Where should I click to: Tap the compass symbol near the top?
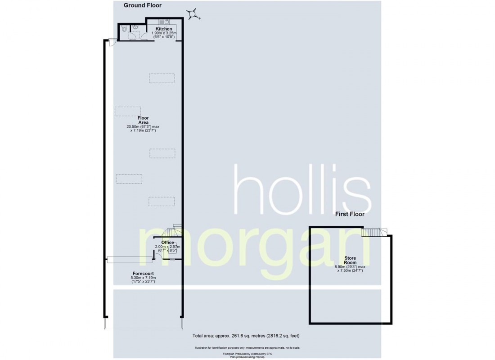click(x=193, y=14)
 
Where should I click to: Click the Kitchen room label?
click(x=164, y=29)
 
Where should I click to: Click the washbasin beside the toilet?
click(x=135, y=27)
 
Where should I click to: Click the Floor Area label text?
click(x=143, y=120)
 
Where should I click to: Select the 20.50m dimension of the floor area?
click(x=143, y=127)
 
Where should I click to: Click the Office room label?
click(x=167, y=243)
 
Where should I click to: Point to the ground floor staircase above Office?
click(x=177, y=228)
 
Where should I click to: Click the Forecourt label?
click(x=143, y=273)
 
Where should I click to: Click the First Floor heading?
click(x=350, y=214)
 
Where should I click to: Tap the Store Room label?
click(x=350, y=261)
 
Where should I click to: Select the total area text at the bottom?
click(x=246, y=336)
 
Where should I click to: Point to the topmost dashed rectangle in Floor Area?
click(x=162, y=78)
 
